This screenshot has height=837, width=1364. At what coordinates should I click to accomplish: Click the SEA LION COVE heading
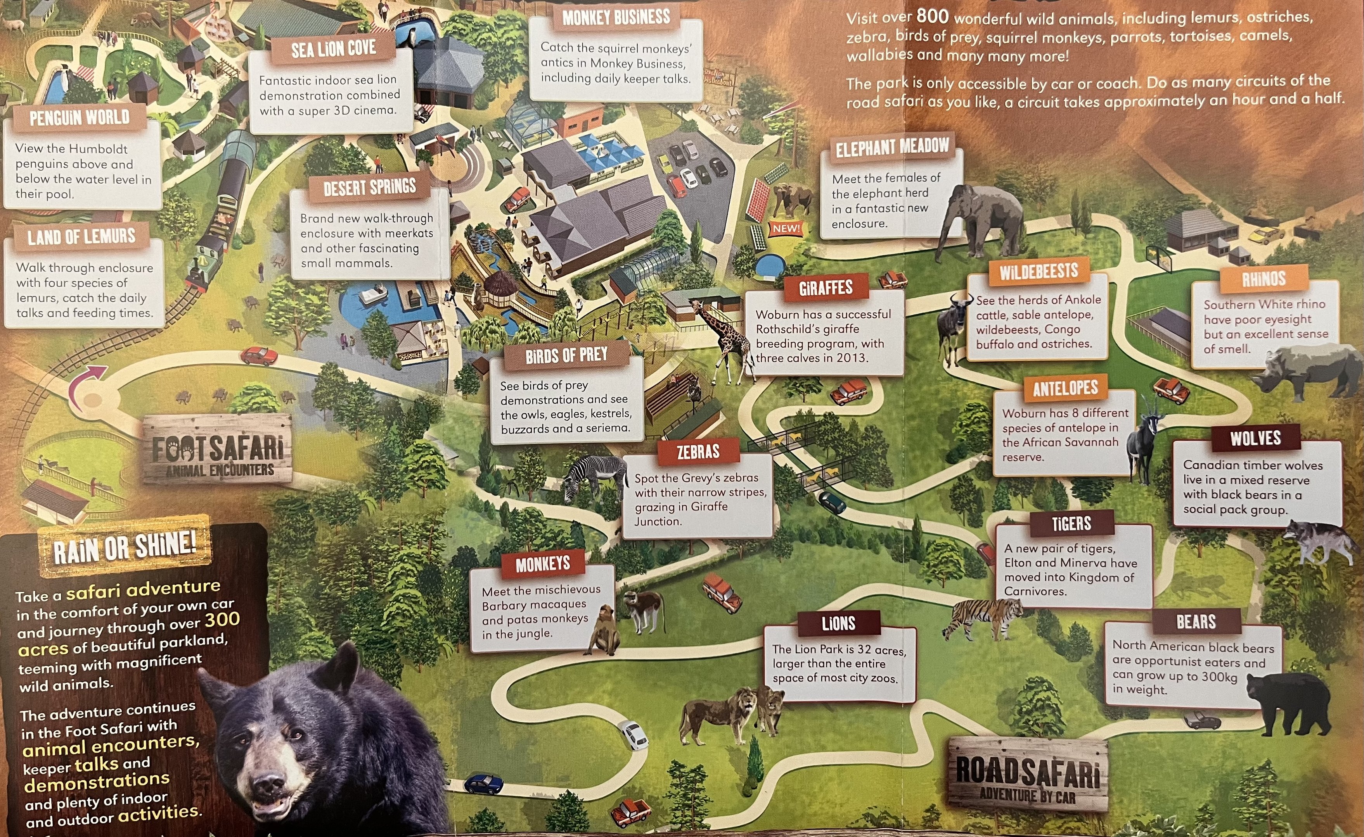tap(334, 49)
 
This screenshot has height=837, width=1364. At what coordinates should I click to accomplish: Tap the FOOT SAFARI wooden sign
tap(217, 451)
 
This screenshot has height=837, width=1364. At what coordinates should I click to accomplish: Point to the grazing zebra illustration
tap(590, 477)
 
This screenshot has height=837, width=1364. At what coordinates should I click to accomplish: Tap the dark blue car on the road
tap(483, 784)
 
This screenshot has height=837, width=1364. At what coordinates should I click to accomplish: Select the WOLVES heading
tap(1255, 438)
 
